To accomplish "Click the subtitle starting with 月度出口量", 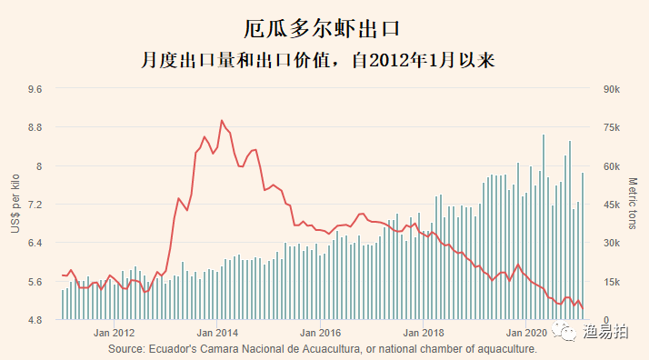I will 324,61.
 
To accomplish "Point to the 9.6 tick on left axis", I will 35,89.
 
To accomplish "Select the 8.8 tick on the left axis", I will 35,127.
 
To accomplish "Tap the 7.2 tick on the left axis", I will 35,205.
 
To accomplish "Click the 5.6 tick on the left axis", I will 35,282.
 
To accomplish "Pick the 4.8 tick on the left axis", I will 35,320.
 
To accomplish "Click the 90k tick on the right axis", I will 611,89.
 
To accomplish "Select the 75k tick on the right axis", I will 611,127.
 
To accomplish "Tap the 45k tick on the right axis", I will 611,205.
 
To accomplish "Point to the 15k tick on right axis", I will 611,282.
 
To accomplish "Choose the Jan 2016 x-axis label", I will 321,333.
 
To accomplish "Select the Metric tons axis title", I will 634,205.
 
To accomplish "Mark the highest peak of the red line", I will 222,120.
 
